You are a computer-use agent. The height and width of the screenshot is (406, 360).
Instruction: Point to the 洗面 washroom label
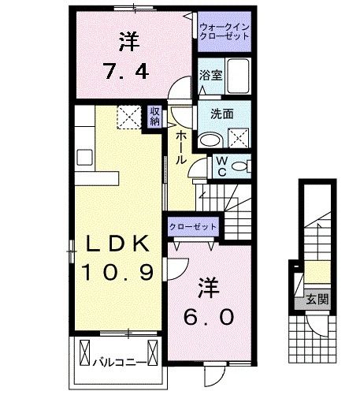tap(221, 113)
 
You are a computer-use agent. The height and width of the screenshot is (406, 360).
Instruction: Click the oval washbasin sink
tap(210, 140)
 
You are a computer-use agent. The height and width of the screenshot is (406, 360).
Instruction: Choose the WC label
tap(222, 166)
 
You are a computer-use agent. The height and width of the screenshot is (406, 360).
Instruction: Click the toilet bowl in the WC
tap(243, 166)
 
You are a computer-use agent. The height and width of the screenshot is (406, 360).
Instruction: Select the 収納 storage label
tap(155, 117)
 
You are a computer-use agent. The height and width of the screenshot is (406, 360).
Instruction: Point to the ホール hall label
tap(180, 147)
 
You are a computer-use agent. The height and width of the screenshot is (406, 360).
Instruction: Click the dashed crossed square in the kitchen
tap(127, 117)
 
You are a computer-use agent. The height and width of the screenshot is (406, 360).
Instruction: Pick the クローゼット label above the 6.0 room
tap(192, 226)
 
